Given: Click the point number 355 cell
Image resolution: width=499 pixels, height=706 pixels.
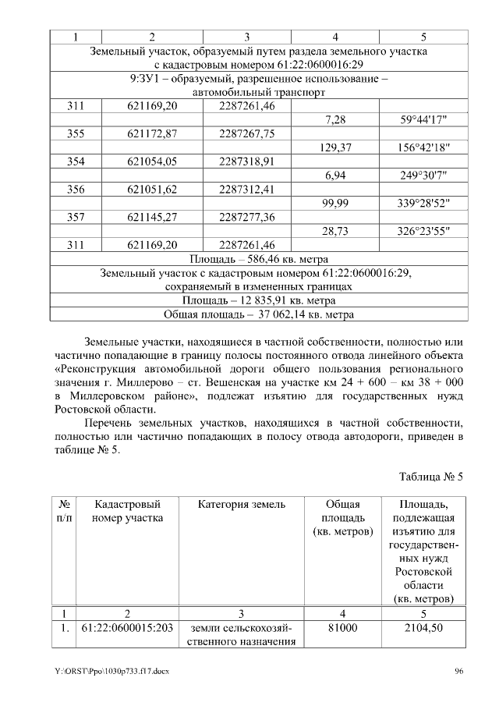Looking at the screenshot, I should (x=76, y=133).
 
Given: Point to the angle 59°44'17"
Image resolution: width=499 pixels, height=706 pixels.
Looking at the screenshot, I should (x=423, y=119).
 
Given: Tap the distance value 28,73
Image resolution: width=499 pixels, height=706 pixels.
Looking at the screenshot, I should (x=334, y=231).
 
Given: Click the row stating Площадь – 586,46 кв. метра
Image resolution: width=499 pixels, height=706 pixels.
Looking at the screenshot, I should (x=259, y=259).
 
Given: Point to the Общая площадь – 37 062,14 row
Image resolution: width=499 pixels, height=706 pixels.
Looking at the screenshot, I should (x=259, y=315).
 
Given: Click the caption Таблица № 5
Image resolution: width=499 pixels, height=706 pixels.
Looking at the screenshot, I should (x=431, y=477).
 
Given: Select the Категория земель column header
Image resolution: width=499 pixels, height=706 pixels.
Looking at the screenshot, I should (x=242, y=505).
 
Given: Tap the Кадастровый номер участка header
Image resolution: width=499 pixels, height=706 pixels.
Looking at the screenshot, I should (x=127, y=511).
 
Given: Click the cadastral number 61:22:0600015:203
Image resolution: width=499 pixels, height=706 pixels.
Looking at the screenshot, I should (x=127, y=627).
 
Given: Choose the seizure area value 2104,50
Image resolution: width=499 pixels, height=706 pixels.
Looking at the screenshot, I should (x=423, y=627).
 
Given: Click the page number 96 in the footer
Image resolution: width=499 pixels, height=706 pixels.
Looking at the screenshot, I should (x=459, y=672).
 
